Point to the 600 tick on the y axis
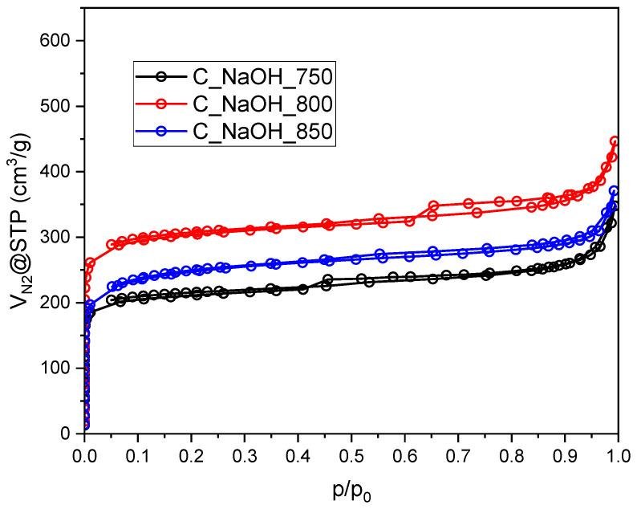coord(59,41)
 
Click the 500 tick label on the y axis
coord(59,107)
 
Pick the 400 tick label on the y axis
coord(59,172)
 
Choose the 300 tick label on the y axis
coord(59,238)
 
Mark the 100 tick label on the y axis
coord(59,369)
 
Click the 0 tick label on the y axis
coord(69,434)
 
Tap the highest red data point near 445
coord(615,142)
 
